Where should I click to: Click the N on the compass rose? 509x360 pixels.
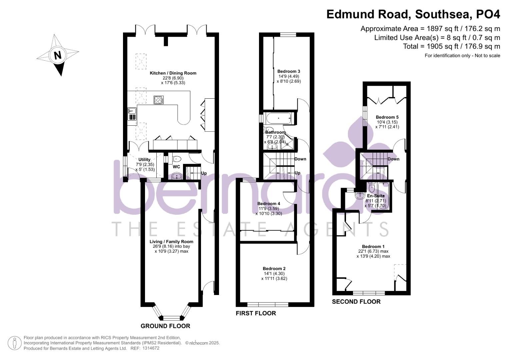58,55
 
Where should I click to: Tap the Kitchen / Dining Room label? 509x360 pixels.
173,73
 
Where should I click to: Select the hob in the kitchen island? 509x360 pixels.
159,100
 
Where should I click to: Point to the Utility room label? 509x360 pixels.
144,160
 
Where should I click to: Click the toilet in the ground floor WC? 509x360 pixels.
176,158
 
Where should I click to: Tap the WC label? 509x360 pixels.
176,167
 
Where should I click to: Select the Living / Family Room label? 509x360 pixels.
171,242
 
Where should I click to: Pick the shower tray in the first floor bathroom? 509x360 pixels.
287,144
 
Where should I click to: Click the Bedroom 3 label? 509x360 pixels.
289,71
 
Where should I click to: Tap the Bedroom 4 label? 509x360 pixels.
269,204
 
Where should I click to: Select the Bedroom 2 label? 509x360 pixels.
274,269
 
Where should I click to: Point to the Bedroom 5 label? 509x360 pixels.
387,117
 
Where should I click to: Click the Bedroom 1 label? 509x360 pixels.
373,247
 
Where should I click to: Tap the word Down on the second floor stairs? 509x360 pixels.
393,159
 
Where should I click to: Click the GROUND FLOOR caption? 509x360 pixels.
165,326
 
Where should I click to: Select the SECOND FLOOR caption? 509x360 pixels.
356,302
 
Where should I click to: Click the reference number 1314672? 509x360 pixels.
151,348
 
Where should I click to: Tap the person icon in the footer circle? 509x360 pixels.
15,343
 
